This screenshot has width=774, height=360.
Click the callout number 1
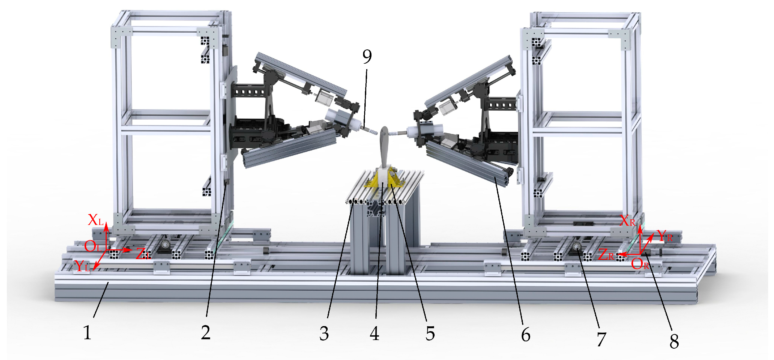coord(87,333)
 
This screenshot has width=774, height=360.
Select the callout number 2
coord(206,333)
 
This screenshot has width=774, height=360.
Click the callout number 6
coord(525,335)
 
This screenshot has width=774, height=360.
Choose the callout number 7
coord(602,339)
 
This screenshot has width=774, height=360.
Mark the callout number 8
coord(674,341)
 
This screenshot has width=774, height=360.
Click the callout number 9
coord(367,56)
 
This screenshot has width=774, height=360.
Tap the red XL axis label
coord(96,220)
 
